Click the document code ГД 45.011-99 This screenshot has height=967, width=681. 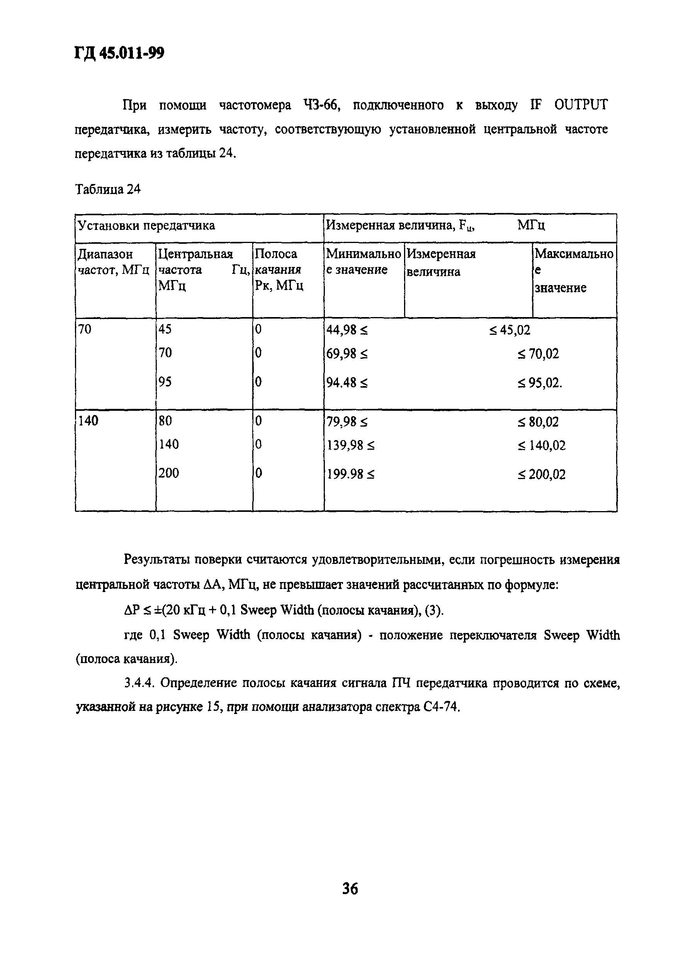(119, 54)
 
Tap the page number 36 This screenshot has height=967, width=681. (350, 888)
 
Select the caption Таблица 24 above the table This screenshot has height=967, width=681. (108, 189)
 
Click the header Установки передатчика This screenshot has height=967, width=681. (146, 226)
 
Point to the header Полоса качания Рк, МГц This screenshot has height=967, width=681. (279, 270)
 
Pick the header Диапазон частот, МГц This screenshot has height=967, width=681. (113, 262)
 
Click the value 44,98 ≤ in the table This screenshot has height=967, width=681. (346, 330)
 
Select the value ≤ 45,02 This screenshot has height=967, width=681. (509, 330)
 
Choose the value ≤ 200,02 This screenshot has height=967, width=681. (542, 475)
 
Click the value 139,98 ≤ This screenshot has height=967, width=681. (350, 445)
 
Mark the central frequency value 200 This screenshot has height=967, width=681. (169, 473)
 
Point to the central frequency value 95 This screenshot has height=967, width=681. (165, 381)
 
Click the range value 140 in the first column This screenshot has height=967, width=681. (88, 420)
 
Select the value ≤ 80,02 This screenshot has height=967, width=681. (538, 422)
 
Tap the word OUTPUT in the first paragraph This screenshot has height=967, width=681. (581, 105)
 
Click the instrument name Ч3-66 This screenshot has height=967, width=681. (321, 105)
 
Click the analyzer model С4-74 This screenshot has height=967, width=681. (440, 707)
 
